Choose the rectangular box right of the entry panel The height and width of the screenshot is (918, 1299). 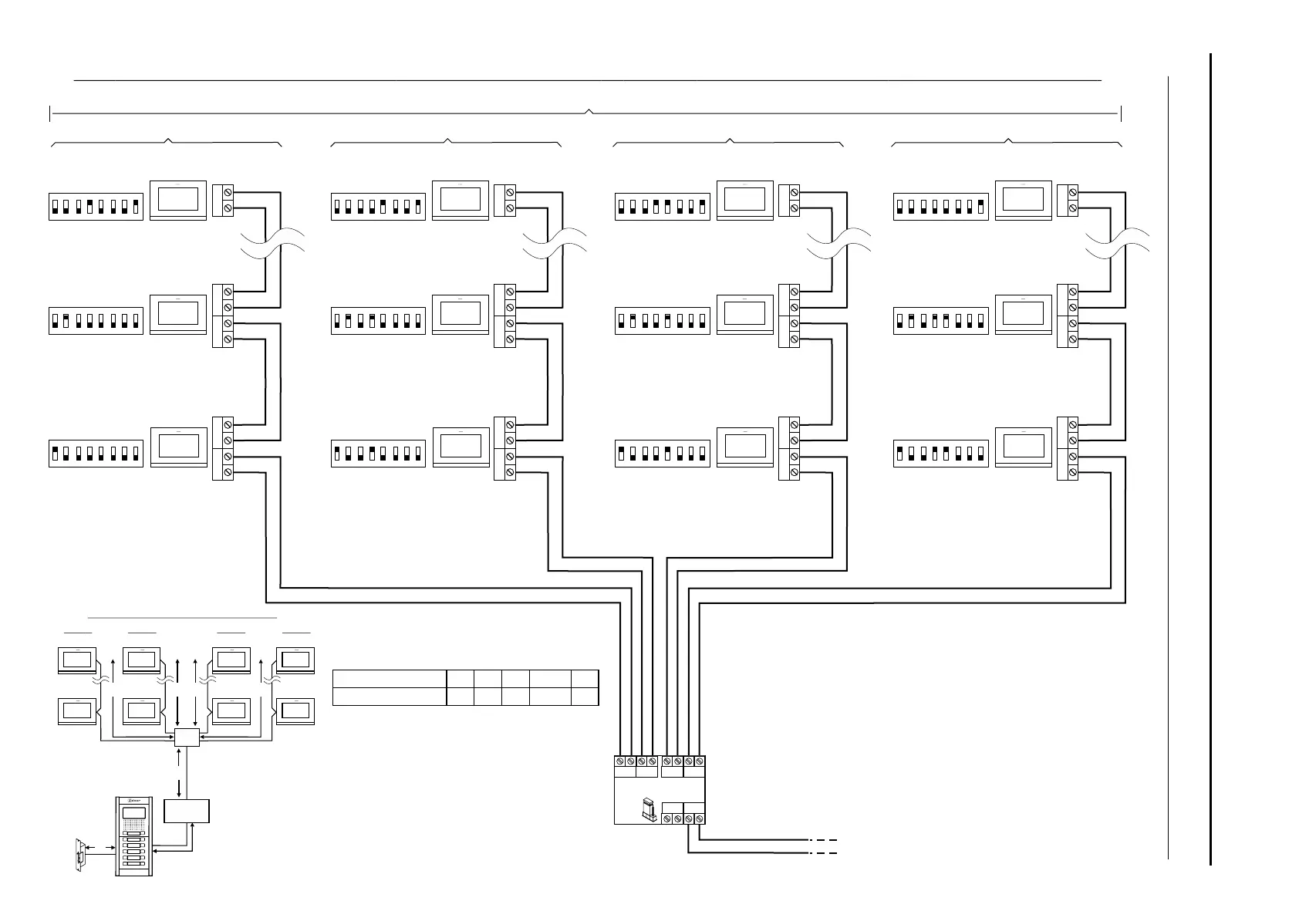(187, 811)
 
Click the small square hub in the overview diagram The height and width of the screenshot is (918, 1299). (187, 737)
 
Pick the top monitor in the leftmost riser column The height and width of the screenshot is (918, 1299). (178, 201)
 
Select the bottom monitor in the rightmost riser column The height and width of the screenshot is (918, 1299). (1023, 447)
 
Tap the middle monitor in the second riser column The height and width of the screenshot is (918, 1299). (461, 313)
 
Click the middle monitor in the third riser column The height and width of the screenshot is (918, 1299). (744, 313)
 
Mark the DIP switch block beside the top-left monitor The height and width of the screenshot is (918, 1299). (96, 206)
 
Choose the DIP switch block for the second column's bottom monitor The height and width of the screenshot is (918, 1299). (378, 453)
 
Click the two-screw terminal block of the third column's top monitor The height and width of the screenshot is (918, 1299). (789, 200)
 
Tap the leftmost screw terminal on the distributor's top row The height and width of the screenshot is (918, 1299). (620, 762)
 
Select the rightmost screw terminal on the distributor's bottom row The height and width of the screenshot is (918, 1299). (699, 818)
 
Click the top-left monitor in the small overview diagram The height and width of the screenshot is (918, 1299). (79, 660)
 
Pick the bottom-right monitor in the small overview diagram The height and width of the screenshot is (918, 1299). (295, 710)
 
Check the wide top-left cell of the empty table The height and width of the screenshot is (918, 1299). (390, 679)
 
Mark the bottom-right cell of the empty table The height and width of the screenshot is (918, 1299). (585, 697)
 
